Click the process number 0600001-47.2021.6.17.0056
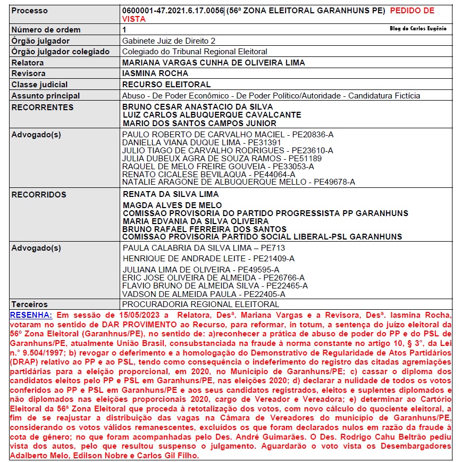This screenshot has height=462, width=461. tap(173, 11)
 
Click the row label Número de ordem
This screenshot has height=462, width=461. tap(46, 30)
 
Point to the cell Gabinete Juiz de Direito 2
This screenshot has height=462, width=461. tap(169, 40)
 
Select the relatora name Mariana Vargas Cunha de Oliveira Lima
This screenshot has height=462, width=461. tap(213, 62)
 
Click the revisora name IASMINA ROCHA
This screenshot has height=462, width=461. tap(152, 73)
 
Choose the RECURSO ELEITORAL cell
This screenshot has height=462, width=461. tap(166, 85)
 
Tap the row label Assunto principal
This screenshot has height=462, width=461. tap(46, 96)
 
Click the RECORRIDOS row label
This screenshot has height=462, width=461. tap(39, 194)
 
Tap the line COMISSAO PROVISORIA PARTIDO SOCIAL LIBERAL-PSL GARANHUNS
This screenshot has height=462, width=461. tap(262, 237)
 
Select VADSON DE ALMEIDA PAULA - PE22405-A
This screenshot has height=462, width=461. tap(204, 293)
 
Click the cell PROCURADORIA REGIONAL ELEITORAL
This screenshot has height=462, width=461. tap(200, 304)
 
